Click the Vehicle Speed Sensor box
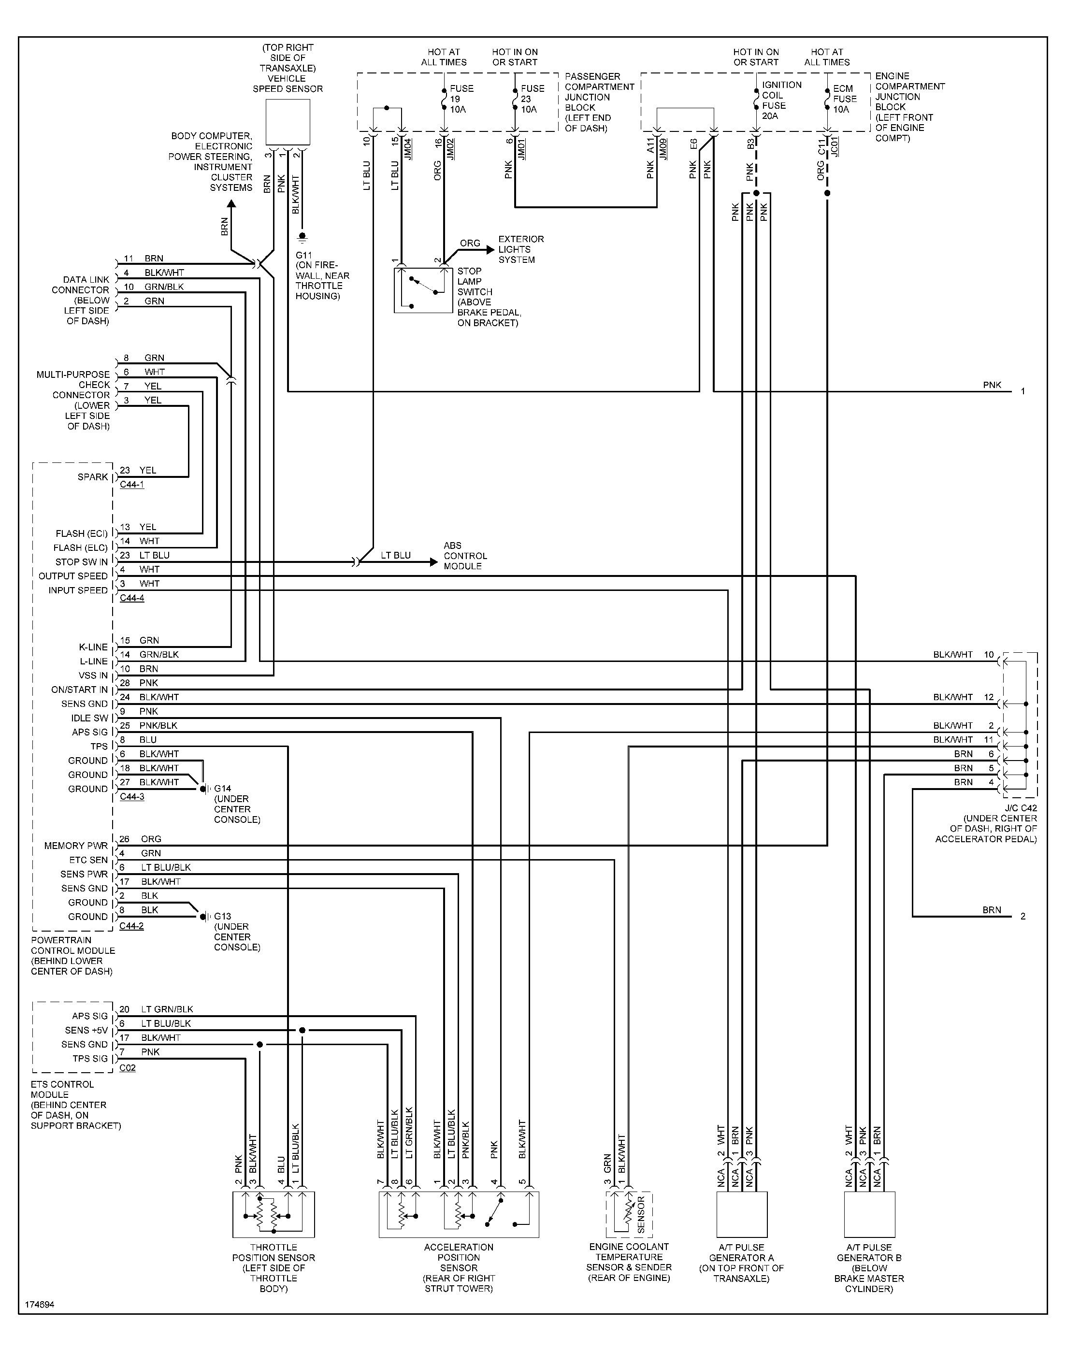pos(288,122)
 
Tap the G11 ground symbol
pos(302,237)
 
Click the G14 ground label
pos(223,789)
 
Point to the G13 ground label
pos(223,917)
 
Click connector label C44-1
pos(132,485)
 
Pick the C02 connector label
pos(127,1068)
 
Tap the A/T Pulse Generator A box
pos(741,1214)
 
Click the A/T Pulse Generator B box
pos(869,1214)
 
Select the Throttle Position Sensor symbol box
pos(274,1214)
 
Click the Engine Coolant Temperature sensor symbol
pos(629,1214)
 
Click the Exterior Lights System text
pos(520,249)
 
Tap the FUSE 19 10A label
pos(462,99)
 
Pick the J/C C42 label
pos(1020,808)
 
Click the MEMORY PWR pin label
pos(75,846)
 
